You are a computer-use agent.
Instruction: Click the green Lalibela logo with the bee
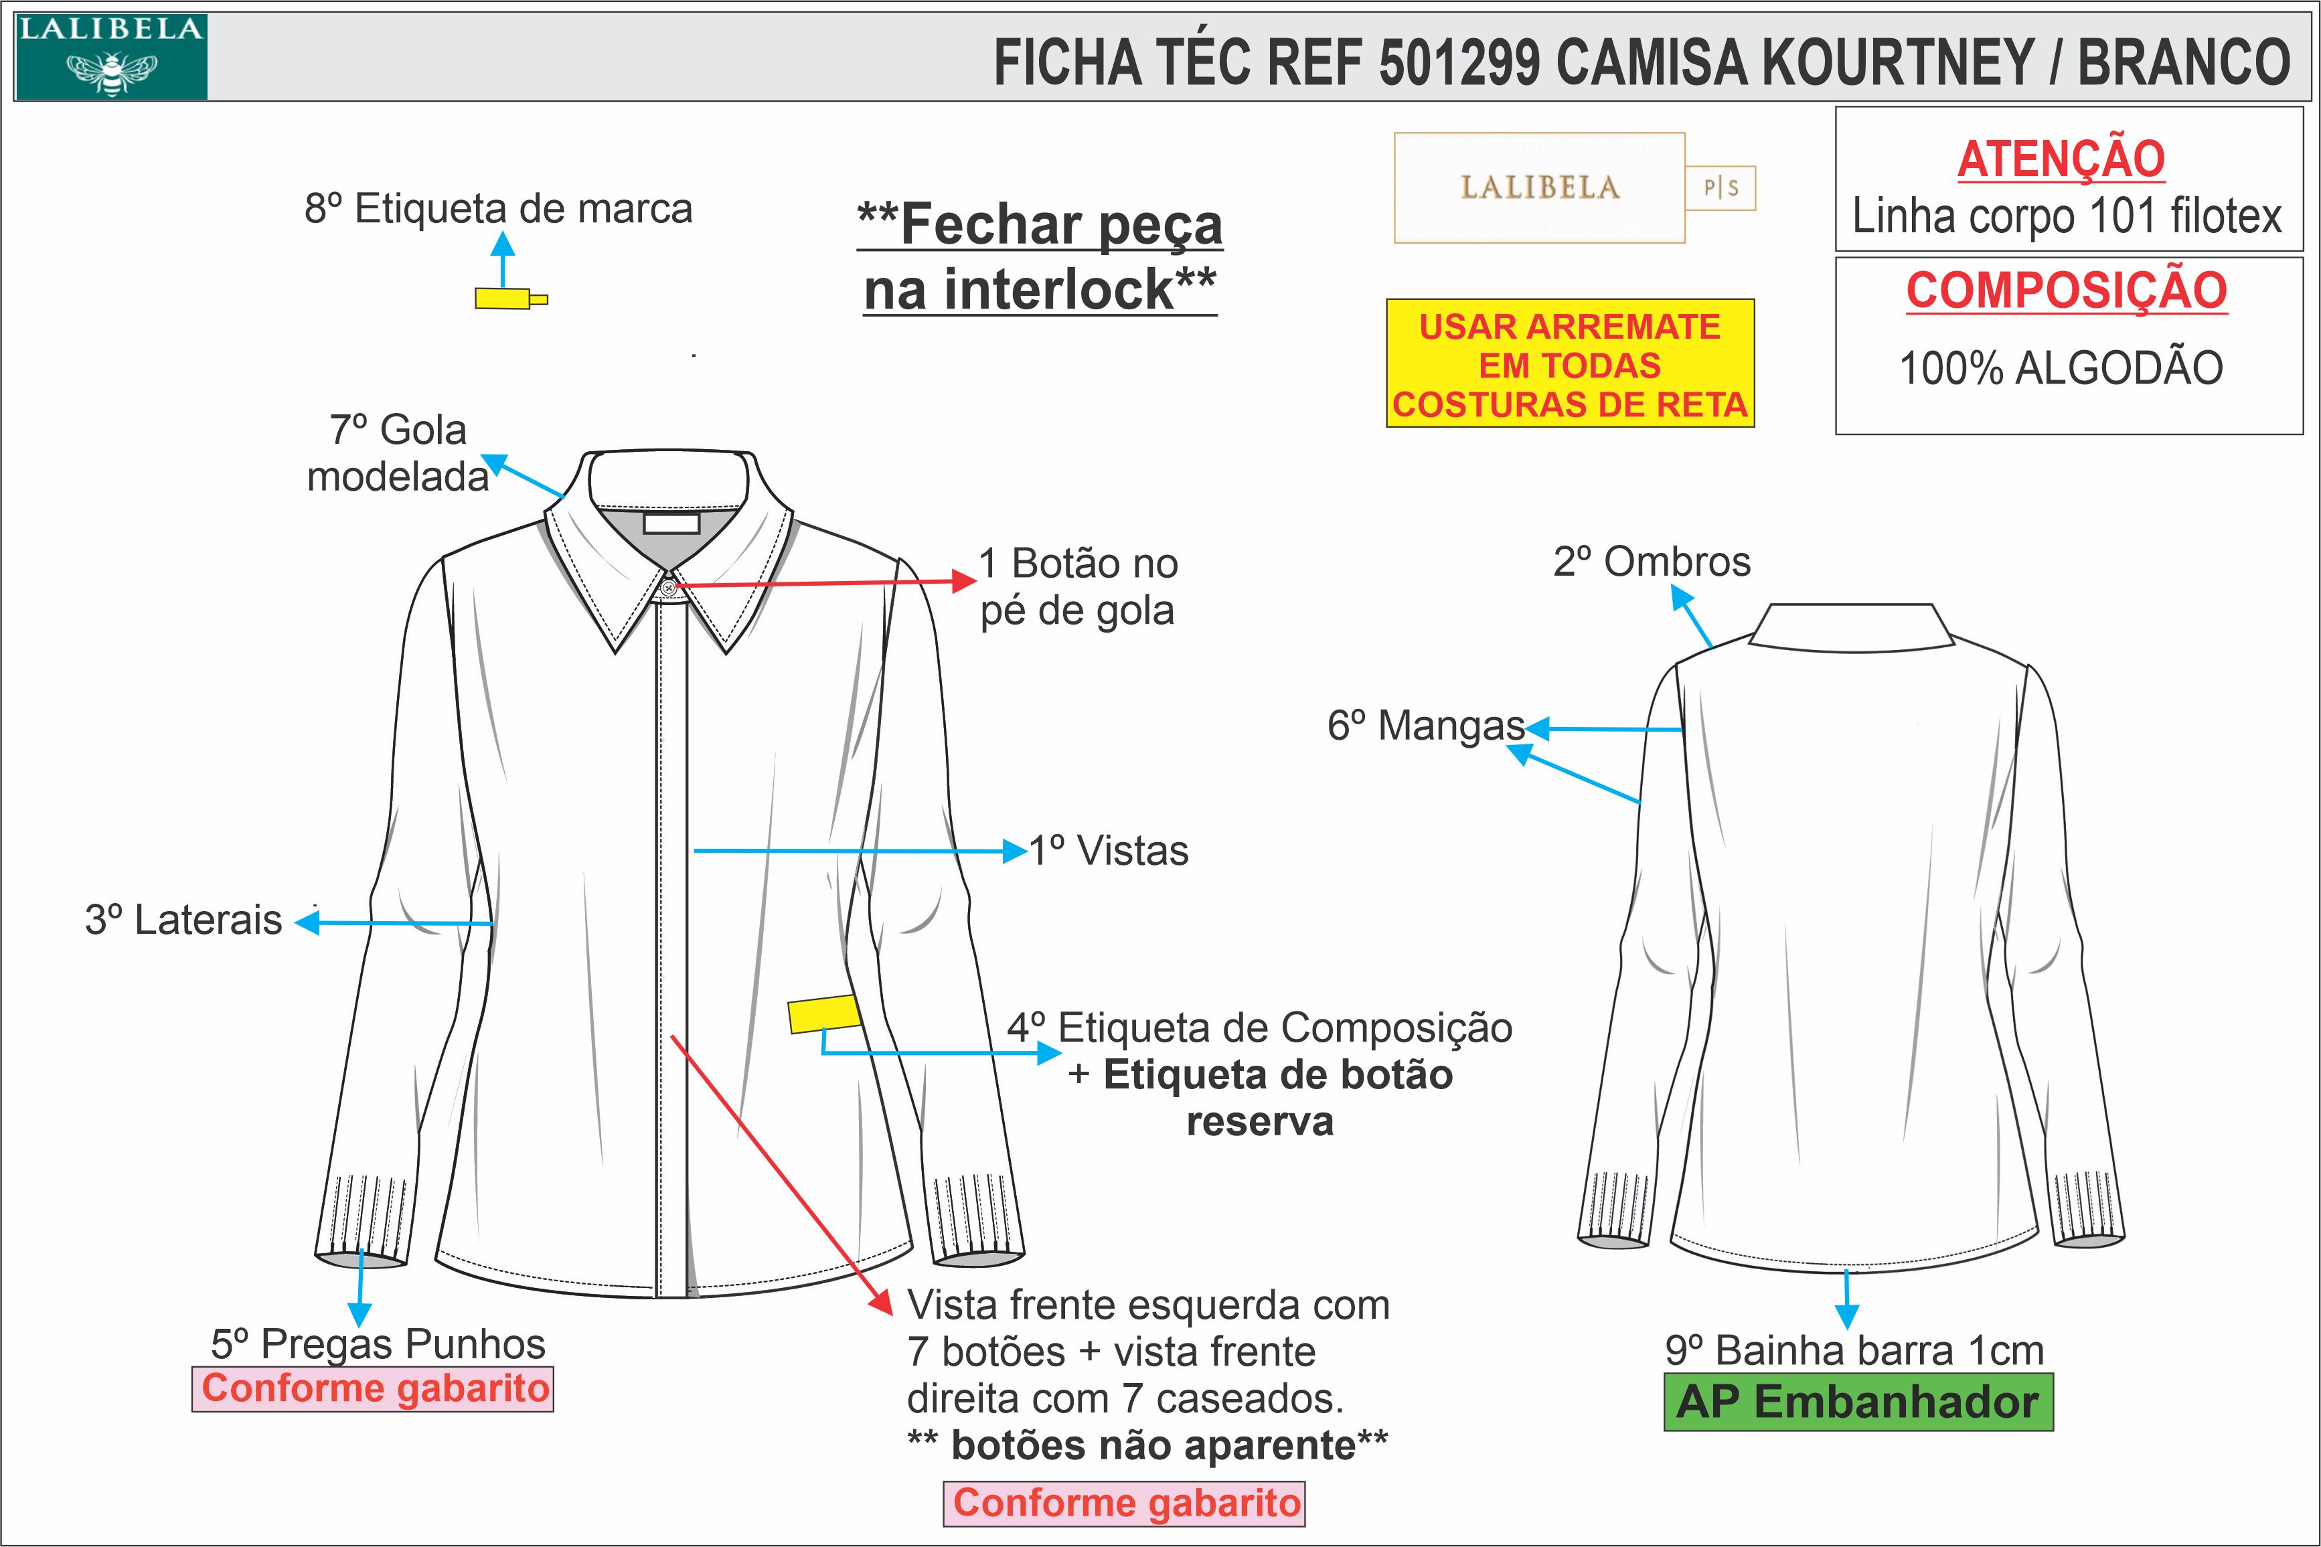(x=110, y=57)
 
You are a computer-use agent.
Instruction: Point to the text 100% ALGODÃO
(x=2061, y=368)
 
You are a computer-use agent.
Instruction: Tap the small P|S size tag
(x=1720, y=187)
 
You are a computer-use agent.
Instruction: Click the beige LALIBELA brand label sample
(x=1539, y=187)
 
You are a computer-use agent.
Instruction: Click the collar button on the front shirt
(x=669, y=588)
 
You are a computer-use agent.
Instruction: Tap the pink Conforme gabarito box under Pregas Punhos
(x=373, y=1388)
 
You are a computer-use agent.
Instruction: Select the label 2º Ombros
(x=1652, y=562)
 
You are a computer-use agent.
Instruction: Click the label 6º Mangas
(x=1425, y=725)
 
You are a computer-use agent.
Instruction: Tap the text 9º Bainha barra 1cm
(x=1854, y=1350)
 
